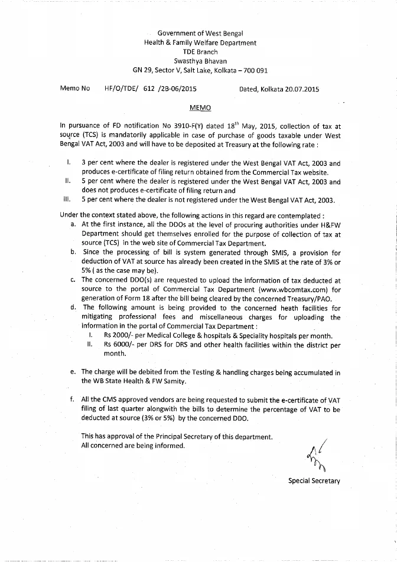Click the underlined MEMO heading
(x=200, y=108)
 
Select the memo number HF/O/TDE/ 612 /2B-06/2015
(x=150, y=89)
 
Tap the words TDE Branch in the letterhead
(x=200, y=51)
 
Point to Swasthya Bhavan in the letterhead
(x=200, y=61)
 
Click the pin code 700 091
(x=255, y=70)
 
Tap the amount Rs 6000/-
(x=119, y=345)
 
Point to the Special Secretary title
(x=314, y=481)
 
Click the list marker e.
(x=72, y=372)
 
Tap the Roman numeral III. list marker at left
(x=66, y=200)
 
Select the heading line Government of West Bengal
(x=200, y=33)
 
